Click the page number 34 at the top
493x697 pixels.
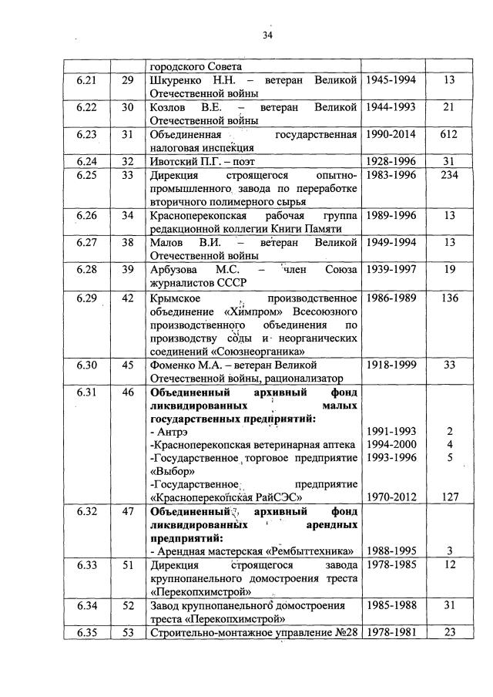pos(267,34)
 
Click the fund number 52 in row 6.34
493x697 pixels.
pos(127,606)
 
